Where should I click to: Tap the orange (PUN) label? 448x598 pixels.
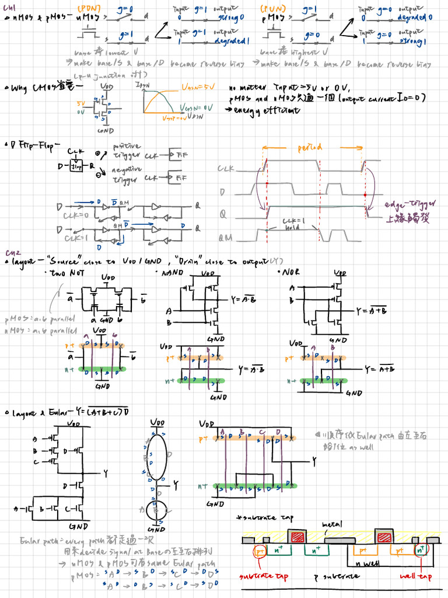(272, 9)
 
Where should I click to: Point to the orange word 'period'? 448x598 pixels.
(310, 148)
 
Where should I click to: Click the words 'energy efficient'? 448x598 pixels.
(262, 110)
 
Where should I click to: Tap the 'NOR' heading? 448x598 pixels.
(289, 272)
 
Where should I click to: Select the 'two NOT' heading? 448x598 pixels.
(64, 273)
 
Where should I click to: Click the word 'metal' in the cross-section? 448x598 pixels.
(332, 524)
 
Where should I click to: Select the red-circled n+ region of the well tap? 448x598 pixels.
(420, 550)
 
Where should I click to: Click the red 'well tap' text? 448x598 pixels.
(415, 577)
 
